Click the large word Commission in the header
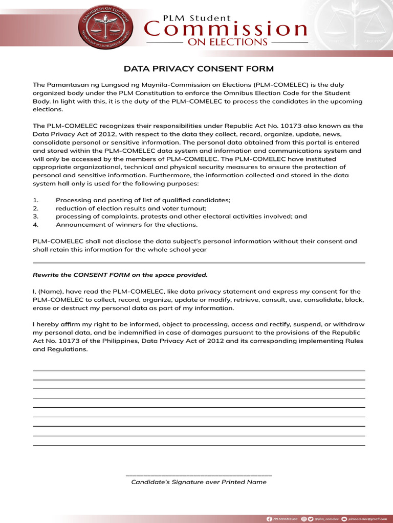pyautogui.click(x=226, y=29)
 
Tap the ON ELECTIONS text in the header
pyautogui.click(x=228, y=42)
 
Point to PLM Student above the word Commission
pyautogui.click(x=196, y=17)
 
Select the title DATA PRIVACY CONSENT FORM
pyautogui.click(x=199, y=69)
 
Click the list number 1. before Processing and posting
pyautogui.click(x=35, y=200)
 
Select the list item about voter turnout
pyautogui.click(x=131, y=208)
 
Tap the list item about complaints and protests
pyautogui.click(x=181, y=217)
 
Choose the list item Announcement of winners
pyautogui.click(x=126, y=225)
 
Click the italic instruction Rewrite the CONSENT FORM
pyautogui.click(x=120, y=275)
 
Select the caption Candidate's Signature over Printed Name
pyautogui.click(x=199, y=482)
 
